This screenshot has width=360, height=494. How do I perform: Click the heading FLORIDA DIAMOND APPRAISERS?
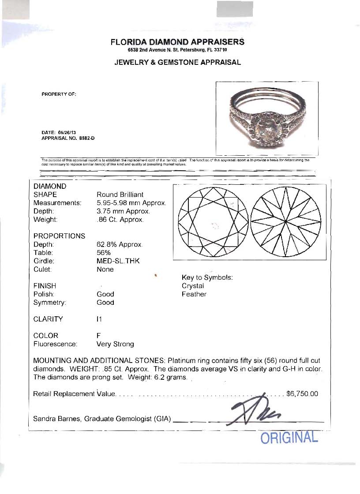(x=177, y=42)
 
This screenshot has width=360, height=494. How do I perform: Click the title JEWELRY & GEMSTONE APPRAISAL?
(x=177, y=62)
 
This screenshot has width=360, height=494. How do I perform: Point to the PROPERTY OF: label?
(x=59, y=94)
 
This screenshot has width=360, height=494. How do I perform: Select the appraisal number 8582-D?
(x=87, y=138)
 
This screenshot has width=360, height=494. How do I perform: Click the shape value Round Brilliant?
(x=120, y=195)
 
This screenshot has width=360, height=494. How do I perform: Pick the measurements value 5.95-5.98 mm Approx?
(x=131, y=203)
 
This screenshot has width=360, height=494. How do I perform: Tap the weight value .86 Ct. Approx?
(x=120, y=220)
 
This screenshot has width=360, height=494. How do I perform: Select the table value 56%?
(x=103, y=253)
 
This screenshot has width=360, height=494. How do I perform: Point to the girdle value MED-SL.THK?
(x=118, y=261)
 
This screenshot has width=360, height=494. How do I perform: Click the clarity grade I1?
(x=99, y=319)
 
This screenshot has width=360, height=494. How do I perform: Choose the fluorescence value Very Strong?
(x=115, y=344)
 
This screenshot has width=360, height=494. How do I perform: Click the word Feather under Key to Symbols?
(x=194, y=294)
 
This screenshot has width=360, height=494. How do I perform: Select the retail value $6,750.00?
(x=302, y=394)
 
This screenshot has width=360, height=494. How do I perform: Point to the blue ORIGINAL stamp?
(x=289, y=438)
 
